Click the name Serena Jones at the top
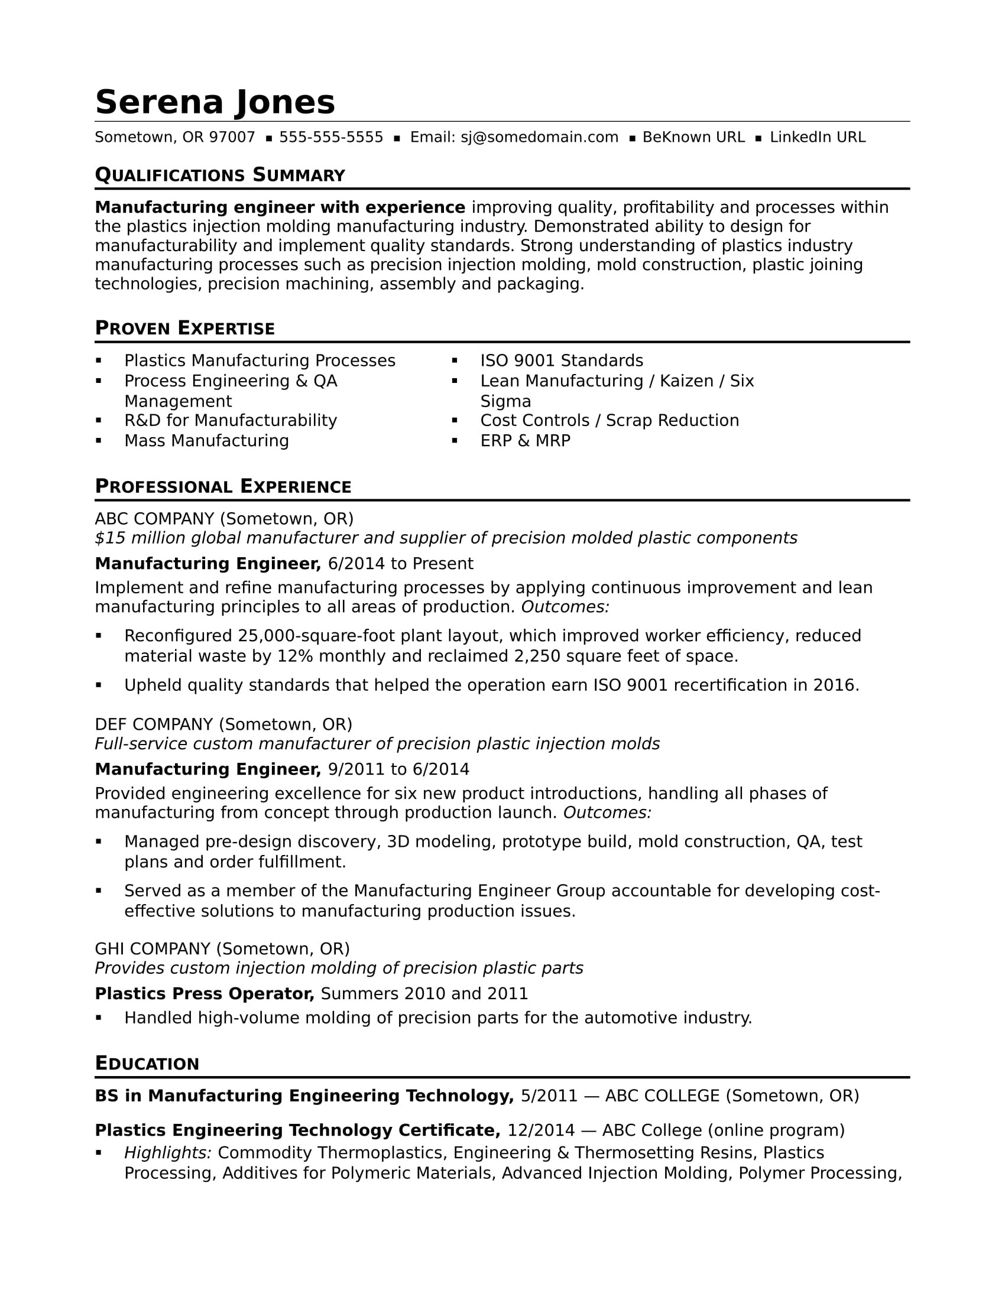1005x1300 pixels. pos(215,102)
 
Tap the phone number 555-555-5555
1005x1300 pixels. pos(331,138)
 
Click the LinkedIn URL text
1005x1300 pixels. pos(818,138)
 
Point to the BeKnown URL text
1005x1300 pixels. pos(693,138)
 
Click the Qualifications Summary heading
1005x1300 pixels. pos(220,175)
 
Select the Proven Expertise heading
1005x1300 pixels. pos(184,328)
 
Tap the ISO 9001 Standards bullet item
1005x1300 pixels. pos(562,360)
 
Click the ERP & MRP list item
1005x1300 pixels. pos(525,440)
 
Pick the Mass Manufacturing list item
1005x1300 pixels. pos(206,440)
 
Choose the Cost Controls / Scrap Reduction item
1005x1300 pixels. pos(610,420)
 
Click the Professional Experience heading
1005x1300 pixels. pos(223,486)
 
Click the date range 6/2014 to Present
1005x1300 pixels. pos(401,564)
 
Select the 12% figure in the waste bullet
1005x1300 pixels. pos(296,656)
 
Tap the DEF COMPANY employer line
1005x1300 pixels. pos(223,724)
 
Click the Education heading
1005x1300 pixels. pos(147,1064)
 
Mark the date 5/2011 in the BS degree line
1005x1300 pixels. pos(549,1096)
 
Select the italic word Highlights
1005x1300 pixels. pos(168,1153)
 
